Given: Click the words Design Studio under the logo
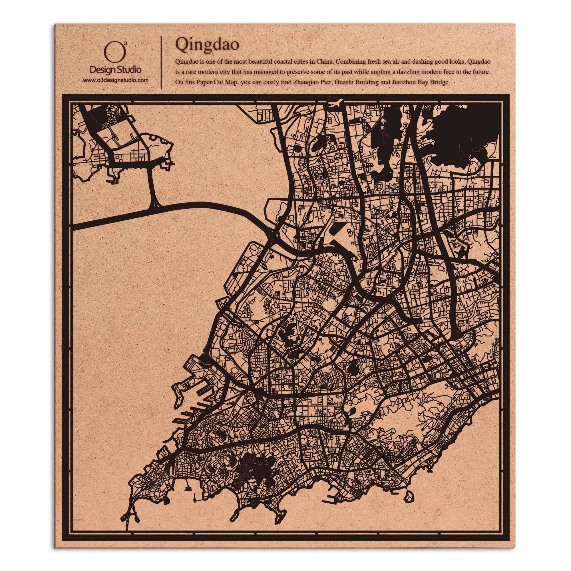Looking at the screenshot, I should point(115,70).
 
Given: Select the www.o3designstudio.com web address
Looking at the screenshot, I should point(115,80).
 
